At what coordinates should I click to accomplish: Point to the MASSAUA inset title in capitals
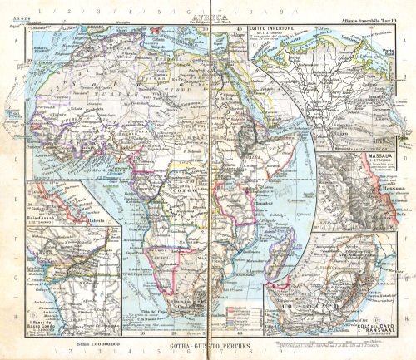click(x=375, y=154)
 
